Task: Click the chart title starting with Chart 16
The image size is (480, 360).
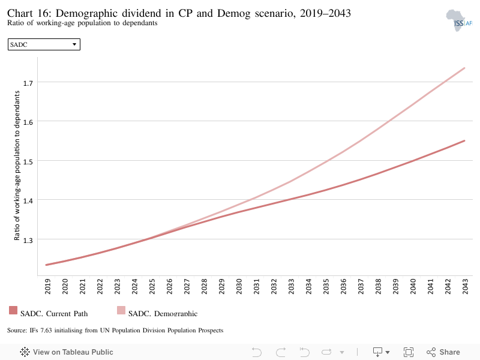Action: coord(179,13)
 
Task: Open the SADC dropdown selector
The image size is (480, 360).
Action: coord(44,44)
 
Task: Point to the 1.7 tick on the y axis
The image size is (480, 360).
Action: coord(28,83)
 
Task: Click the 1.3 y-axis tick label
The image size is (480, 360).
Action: coord(28,241)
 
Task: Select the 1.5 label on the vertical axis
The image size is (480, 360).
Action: coord(28,161)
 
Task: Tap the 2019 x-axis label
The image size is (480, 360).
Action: coord(48,287)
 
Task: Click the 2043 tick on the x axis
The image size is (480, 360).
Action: coord(466,287)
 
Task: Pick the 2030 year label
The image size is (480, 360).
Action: coord(239,287)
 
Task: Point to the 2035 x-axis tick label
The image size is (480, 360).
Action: coord(326,287)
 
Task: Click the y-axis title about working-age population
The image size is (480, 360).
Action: coord(17,166)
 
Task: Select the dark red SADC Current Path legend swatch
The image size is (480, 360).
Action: coord(13,310)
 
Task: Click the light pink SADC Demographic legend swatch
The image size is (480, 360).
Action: coord(121,310)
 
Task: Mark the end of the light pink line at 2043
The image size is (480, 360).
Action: coord(464,68)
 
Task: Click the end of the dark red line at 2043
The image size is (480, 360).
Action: coord(464,141)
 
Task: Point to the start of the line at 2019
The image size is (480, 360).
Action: coord(46,265)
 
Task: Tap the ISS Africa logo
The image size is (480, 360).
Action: coord(459,20)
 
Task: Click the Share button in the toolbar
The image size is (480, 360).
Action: coord(443,352)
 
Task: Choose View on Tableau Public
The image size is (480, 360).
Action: coord(67,352)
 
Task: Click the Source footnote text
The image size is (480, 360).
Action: coord(115,331)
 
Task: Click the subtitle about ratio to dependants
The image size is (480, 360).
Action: coord(82,23)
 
